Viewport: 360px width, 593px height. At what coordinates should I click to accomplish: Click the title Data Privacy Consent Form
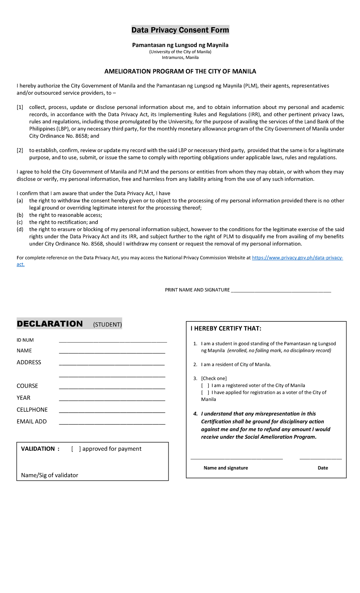click(180, 30)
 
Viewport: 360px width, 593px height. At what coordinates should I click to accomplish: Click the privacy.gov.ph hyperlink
click(297, 258)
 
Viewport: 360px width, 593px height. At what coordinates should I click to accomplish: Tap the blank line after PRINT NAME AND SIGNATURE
click(281, 290)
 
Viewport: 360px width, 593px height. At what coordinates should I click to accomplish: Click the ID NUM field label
click(25, 340)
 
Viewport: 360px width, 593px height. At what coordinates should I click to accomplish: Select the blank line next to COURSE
click(112, 387)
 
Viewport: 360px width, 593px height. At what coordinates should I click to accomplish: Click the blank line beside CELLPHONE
click(112, 411)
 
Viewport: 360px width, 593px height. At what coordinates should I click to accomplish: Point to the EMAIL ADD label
click(31, 422)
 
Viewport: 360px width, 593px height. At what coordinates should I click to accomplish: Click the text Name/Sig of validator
click(49, 475)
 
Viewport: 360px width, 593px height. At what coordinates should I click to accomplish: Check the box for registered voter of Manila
click(205, 386)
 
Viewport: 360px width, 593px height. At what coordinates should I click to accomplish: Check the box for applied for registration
click(205, 393)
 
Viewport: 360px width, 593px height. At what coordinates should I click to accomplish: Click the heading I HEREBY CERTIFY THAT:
click(226, 329)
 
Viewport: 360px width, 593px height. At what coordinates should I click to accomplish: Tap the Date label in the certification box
click(323, 468)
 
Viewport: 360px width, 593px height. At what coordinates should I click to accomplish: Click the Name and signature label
click(226, 468)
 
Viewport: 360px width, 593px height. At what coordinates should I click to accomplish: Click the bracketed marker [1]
click(20, 107)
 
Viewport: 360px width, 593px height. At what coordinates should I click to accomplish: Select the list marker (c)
click(20, 222)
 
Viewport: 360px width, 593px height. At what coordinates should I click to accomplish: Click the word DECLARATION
click(50, 324)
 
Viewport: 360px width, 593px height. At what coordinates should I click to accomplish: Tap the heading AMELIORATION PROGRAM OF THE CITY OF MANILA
click(180, 71)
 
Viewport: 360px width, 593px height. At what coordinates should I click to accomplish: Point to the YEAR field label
click(23, 398)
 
